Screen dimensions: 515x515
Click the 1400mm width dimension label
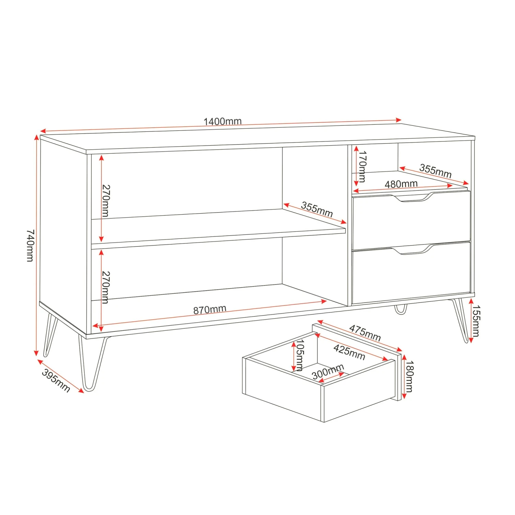(x=222, y=121)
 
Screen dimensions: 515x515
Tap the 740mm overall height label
(x=31, y=245)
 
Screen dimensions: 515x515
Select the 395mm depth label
(x=56, y=380)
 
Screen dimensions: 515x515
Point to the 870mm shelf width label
(x=209, y=310)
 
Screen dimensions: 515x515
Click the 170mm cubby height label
(x=362, y=166)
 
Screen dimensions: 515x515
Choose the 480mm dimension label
(x=401, y=184)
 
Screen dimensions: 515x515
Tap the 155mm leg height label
(x=476, y=321)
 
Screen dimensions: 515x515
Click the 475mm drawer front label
(x=365, y=333)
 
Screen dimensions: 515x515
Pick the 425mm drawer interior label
(x=349, y=352)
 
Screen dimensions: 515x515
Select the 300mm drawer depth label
(x=328, y=372)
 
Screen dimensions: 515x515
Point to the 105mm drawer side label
(x=299, y=355)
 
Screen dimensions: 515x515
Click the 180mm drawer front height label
(x=409, y=376)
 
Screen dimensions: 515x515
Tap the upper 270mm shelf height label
(x=106, y=201)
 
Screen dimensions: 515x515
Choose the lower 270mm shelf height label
(x=106, y=288)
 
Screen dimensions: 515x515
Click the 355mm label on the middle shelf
(x=317, y=209)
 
